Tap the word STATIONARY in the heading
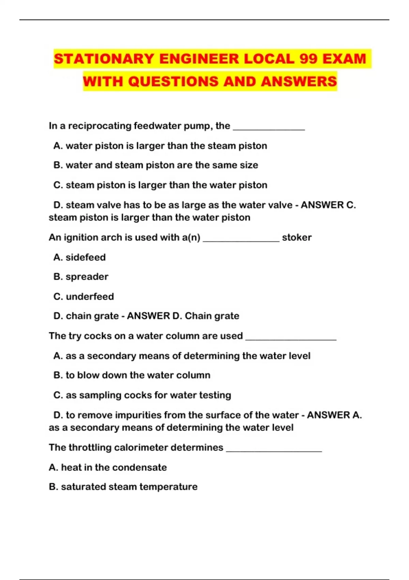[x=104, y=59]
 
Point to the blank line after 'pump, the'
[x=269, y=128]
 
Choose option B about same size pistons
[x=155, y=165]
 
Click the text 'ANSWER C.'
[x=328, y=205]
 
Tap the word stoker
[x=297, y=237]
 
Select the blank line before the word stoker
[x=241, y=240]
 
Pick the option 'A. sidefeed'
[x=79, y=257]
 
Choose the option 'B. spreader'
[x=81, y=277]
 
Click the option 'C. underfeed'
[x=84, y=296]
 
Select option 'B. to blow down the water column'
[x=132, y=375]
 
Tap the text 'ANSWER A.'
[x=334, y=415]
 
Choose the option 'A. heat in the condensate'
[x=108, y=467]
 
